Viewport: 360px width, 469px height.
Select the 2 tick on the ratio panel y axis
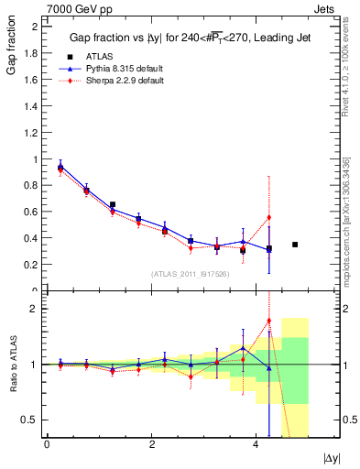pos(35,309)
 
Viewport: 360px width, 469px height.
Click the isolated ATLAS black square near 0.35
pos(295,245)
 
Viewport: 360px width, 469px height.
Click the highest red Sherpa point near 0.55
pos(269,217)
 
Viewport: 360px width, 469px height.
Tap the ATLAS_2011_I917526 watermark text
pos(191,274)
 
